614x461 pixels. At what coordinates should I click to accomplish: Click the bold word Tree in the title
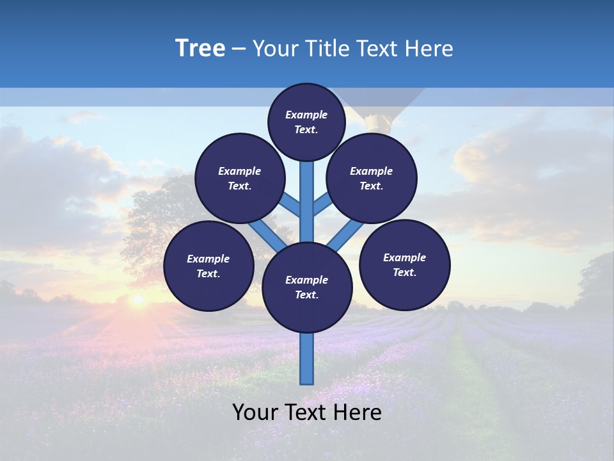(200, 49)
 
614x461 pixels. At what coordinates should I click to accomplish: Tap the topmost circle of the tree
(306, 122)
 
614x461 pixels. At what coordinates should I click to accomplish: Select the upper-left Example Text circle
(239, 178)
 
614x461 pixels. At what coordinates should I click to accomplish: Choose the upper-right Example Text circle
(371, 178)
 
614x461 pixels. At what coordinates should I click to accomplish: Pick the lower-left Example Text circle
(209, 266)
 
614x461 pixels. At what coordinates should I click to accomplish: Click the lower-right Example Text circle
(404, 264)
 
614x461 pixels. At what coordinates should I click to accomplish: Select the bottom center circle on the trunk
(307, 287)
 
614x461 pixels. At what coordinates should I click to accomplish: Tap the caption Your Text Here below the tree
(307, 412)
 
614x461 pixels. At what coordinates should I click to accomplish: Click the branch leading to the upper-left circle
(291, 205)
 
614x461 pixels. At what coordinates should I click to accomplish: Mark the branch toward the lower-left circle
(267, 233)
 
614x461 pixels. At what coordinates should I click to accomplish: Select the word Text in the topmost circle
(306, 129)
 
